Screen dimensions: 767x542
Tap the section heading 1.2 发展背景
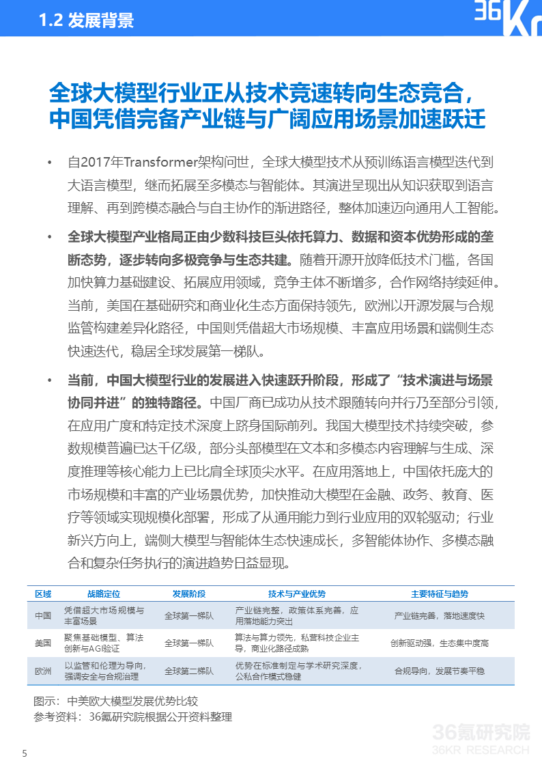(86, 21)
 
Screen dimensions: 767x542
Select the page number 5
(25, 754)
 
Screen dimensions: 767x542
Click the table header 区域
(43, 594)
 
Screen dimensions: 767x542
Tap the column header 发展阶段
(189, 594)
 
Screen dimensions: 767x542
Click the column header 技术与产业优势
(297, 594)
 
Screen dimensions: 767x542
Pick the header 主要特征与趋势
(440, 594)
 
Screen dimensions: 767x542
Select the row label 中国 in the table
(43, 615)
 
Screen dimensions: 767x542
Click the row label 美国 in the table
(43, 643)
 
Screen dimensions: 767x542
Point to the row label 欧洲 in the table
(43, 671)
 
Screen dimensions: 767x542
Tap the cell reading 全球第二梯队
(189, 671)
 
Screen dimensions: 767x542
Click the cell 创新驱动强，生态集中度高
(440, 643)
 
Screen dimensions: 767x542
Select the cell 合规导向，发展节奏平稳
(440, 671)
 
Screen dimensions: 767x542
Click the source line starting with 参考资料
(132, 716)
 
